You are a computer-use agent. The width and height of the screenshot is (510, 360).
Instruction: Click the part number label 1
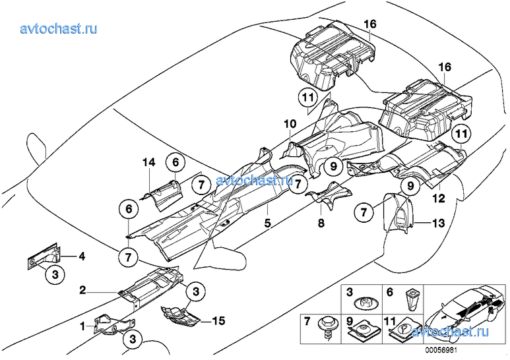[x=83, y=325]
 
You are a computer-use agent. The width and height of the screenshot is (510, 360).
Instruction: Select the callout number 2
[x=83, y=289]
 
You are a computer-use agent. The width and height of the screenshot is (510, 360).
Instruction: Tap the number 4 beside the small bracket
[x=81, y=255]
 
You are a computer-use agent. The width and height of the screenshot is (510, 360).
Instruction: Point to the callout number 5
[x=268, y=224]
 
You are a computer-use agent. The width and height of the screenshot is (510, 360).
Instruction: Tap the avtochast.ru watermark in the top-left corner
[x=59, y=28]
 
